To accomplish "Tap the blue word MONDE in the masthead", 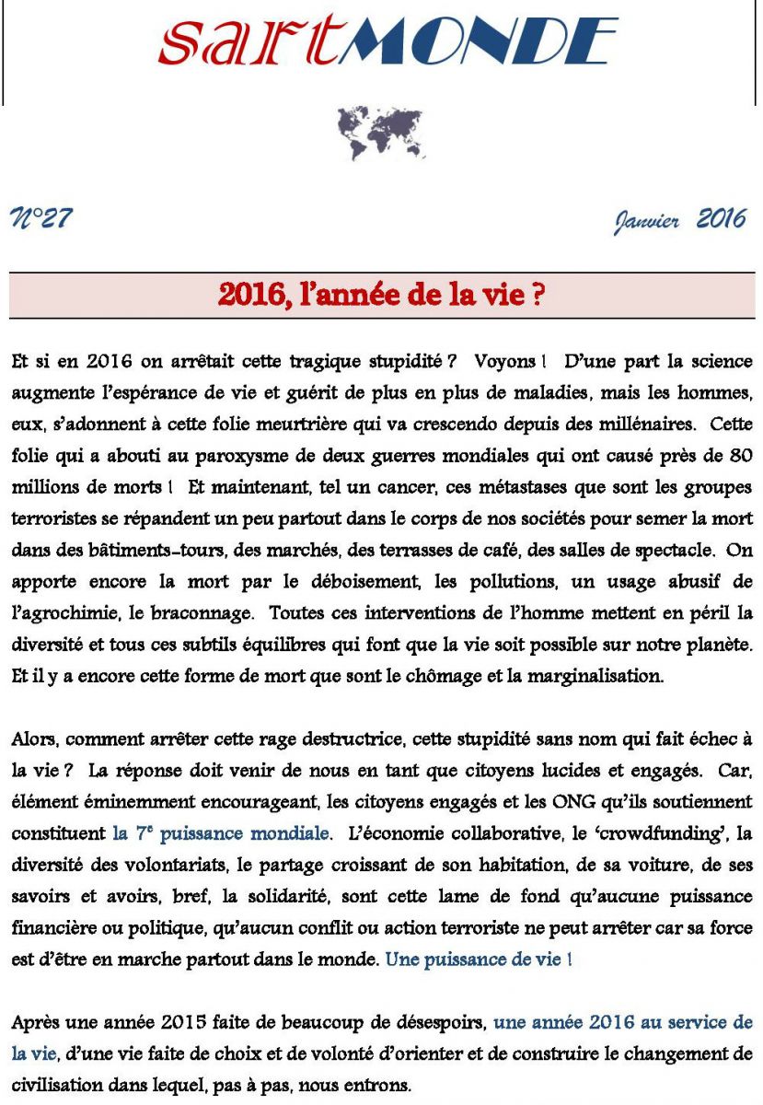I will tap(477, 42).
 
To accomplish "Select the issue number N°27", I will tap(40, 219).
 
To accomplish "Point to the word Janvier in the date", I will tap(646, 222).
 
